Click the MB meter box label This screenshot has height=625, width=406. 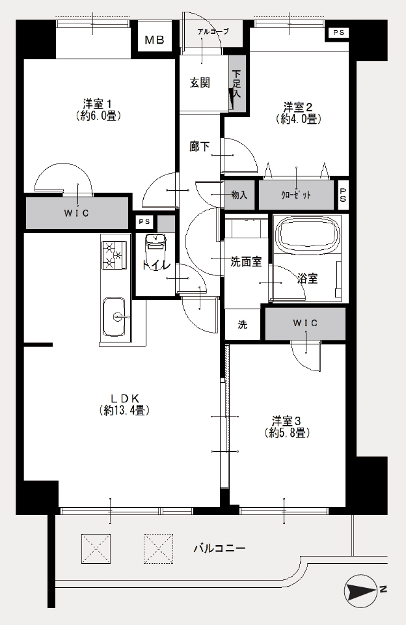click(154, 40)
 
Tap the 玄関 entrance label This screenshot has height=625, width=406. click(200, 83)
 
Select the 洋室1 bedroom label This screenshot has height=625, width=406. click(97, 104)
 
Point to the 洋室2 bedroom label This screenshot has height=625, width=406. click(297, 107)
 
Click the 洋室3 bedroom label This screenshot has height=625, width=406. click(286, 421)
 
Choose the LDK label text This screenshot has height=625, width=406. click(125, 398)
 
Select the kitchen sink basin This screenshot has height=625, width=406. click(115, 317)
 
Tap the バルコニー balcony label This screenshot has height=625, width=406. click(219, 548)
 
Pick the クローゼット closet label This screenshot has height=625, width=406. click(296, 195)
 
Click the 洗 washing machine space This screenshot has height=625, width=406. click(243, 324)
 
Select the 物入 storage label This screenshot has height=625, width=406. click(239, 195)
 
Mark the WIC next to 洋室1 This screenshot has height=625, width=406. click(77, 214)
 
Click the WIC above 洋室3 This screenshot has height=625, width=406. click(305, 323)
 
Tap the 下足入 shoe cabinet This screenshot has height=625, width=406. click(237, 83)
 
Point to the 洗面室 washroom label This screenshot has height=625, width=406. click(246, 262)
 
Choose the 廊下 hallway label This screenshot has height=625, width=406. click(200, 146)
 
